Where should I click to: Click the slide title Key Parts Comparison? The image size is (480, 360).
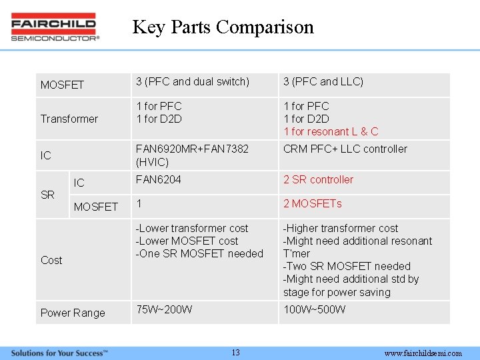point(223,27)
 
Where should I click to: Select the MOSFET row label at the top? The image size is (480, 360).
point(62,85)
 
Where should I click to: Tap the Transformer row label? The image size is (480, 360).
point(69,119)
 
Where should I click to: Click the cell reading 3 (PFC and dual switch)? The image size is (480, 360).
point(193,81)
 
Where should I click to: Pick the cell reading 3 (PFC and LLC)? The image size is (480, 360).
point(323,81)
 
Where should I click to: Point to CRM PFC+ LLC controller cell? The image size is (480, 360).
point(345,149)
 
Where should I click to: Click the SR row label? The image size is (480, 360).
point(47,195)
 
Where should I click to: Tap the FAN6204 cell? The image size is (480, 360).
point(158,179)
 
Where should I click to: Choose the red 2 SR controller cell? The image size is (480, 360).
point(318,179)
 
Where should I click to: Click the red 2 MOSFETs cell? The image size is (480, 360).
point(312,203)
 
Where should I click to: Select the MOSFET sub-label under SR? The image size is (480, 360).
point(95,207)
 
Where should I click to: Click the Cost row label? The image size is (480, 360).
point(51,260)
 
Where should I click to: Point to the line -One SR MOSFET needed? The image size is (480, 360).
point(199,253)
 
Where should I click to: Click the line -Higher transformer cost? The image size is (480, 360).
point(341,228)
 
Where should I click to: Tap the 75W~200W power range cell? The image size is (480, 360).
point(164,309)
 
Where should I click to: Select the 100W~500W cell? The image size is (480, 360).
point(314,309)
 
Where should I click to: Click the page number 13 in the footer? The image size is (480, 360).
point(235,353)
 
